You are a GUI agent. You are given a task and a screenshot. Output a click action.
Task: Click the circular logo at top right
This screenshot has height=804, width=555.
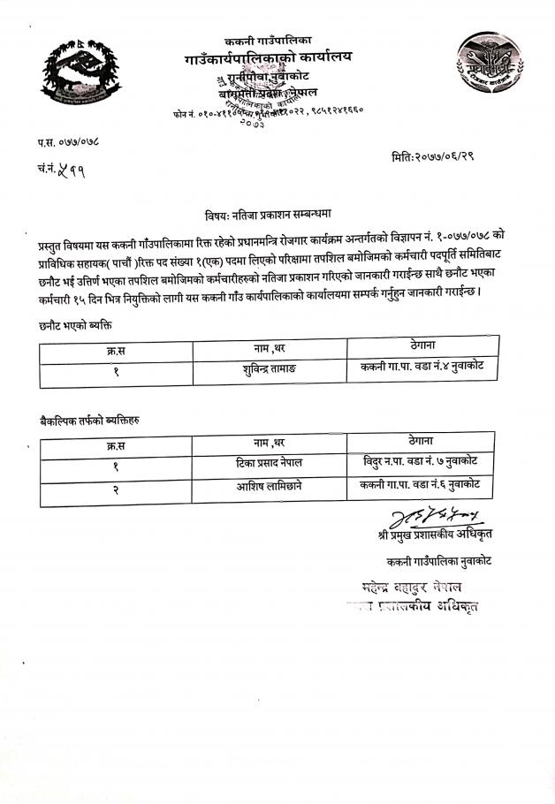pyautogui.click(x=482, y=66)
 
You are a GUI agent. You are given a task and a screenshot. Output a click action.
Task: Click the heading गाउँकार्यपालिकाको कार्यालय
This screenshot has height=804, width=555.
pyautogui.click(x=269, y=58)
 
